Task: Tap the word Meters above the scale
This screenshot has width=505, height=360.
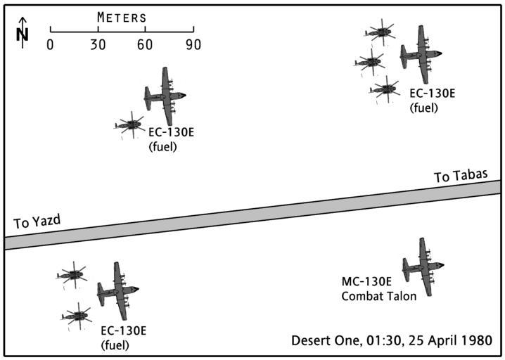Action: [x=122, y=17]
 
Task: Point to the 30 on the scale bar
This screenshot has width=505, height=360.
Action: [x=97, y=44]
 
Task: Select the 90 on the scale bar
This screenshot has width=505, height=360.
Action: [x=193, y=44]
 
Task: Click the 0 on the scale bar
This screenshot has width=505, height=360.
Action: [x=50, y=44]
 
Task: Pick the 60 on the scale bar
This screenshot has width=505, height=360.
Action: [x=145, y=44]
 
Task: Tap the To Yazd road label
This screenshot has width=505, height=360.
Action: [x=37, y=223]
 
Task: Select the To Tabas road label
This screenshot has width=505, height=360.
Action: [x=461, y=176]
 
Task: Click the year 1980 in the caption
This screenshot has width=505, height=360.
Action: [x=477, y=341]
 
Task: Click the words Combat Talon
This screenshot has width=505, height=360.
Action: [x=378, y=296]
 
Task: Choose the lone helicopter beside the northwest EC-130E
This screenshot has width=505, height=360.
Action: [x=129, y=126]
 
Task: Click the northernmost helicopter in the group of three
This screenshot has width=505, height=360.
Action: [x=380, y=32]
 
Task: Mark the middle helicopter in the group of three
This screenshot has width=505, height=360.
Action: [x=369, y=62]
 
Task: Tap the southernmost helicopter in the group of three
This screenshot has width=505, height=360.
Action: [x=385, y=89]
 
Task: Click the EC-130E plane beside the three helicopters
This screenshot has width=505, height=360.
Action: [x=421, y=53]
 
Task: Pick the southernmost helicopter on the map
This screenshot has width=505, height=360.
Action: [x=76, y=316]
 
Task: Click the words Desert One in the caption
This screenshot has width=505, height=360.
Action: [x=321, y=341]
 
